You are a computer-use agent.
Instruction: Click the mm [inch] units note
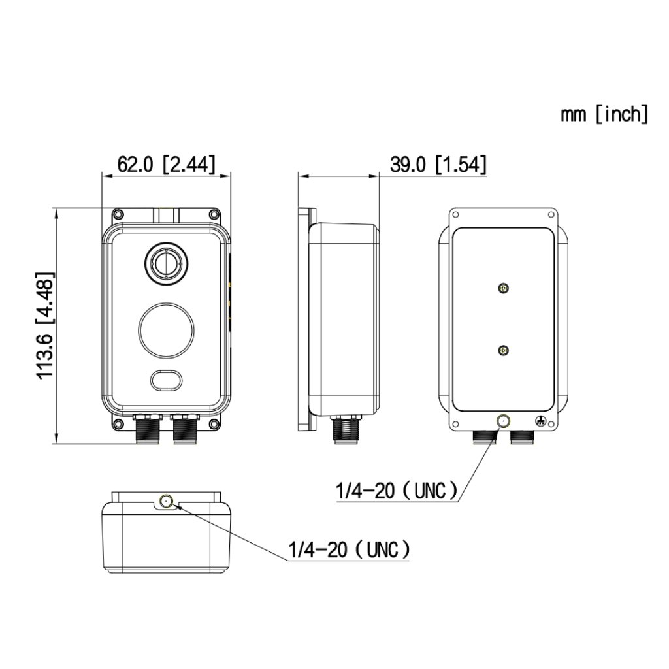[x=604, y=114]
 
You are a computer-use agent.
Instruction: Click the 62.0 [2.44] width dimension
[x=166, y=165]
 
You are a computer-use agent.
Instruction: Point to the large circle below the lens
[x=166, y=329]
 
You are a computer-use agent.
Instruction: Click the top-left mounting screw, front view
[x=119, y=214]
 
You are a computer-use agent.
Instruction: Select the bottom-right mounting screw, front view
[x=214, y=425]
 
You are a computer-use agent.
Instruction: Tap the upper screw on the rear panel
[x=502, y=288]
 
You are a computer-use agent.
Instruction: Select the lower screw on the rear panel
[x=502, y=351]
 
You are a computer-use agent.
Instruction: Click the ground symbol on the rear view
[x=540, y=421]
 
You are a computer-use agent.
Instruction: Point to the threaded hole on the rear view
[x=502, y=421]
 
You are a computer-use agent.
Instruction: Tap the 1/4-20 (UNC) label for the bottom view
[x=350, y=549]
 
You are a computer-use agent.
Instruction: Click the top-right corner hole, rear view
[x=552, y=214]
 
